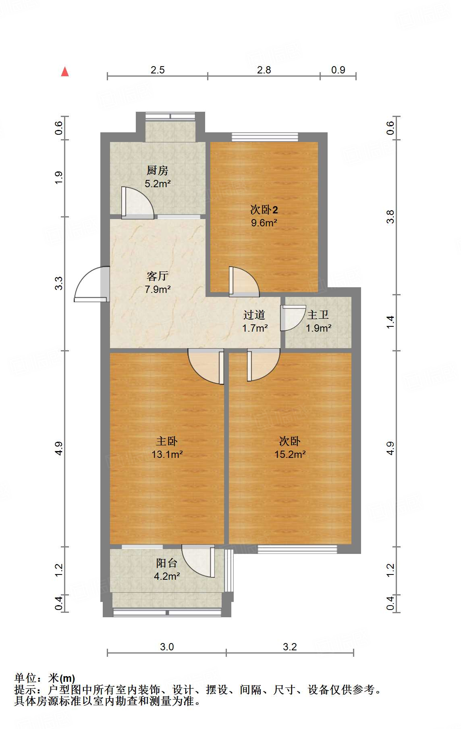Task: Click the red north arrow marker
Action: (65, 71)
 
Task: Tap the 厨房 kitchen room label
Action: (157, 170)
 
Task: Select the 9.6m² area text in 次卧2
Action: (264, 223)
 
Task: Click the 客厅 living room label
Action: (157, 276)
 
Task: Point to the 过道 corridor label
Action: (254, 315)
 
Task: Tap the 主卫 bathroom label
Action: (318, 315)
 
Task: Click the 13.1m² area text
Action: (167, 454)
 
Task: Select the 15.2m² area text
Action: (290, 454)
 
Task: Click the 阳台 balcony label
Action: (166, 563)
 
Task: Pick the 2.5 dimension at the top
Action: (158, 70)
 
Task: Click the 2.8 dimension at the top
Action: (264, 70)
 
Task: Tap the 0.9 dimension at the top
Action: (338, 70)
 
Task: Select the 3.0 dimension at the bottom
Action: (167, 647)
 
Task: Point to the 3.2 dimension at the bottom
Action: (290, 647)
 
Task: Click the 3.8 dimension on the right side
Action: (390, 217)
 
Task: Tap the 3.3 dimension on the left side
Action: (59, 283)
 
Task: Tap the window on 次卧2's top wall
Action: (265, 136)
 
